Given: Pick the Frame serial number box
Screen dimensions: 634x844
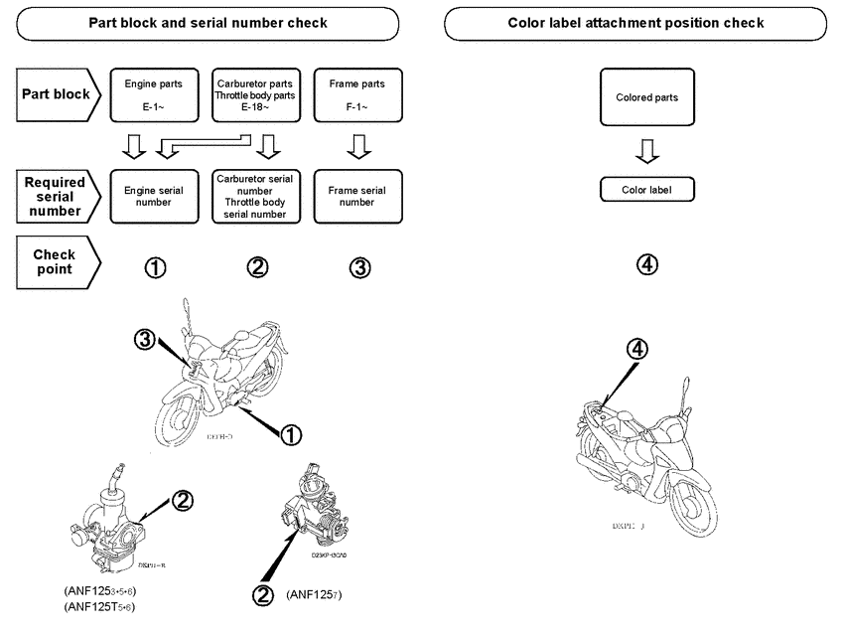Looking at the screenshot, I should pyautogui.click(x=356, y=195).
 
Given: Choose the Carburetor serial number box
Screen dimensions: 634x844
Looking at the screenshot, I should pyautogui.click(x=257, y=195).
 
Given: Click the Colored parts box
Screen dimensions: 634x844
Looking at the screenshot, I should pyautogui.click(x=646, y=97).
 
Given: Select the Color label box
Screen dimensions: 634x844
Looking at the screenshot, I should pyautogui.click(x=646, y=189).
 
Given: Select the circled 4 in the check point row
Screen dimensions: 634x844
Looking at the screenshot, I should pyautogui.click(x=646, y=264).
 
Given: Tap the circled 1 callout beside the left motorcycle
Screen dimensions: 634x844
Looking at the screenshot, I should pyautogui.click(x=291, y=433).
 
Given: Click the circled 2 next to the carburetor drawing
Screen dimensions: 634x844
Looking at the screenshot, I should pyautogui.click(x=183, y=500).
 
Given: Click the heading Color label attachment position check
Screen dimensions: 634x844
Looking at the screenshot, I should pyautogui.click(x=635, y=22).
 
